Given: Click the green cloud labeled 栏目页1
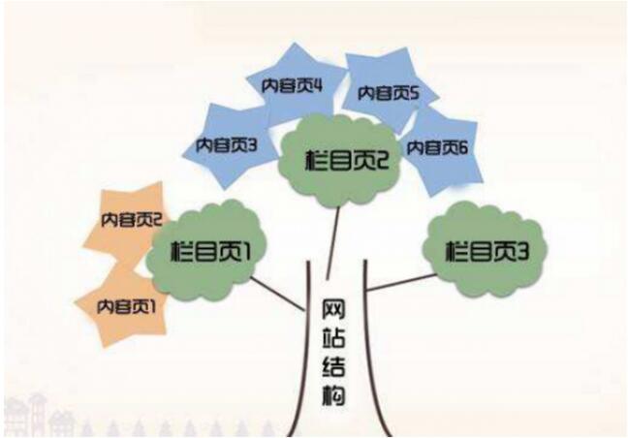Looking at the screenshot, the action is point(205,251).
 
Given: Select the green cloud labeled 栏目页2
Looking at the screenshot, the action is point(340,160).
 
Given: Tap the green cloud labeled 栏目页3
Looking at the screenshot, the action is point(486,250).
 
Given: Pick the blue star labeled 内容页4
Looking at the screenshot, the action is point(294,85).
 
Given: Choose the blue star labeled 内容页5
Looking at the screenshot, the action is point(387,93).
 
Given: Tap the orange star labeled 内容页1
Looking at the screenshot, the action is point(125,306).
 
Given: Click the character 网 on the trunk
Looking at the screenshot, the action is point(333,310).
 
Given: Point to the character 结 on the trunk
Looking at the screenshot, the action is point(333,364).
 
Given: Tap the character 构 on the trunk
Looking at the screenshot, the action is point(333,393).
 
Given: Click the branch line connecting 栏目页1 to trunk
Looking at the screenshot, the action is point(278,294).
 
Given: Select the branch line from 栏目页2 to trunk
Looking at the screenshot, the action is point(333,243).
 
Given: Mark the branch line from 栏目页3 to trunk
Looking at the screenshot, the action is point(402,282).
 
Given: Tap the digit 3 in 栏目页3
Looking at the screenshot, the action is point(521,251).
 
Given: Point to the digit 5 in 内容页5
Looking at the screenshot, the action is point(413,93).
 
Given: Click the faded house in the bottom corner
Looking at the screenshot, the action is point(23,416).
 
